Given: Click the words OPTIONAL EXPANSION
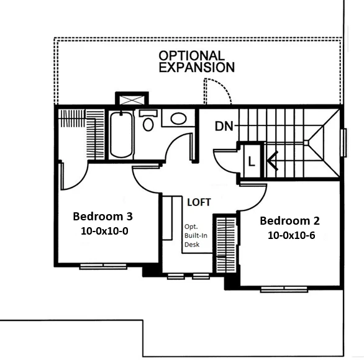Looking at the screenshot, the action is tap(196, 61).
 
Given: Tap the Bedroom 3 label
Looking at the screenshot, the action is tap(102, 217).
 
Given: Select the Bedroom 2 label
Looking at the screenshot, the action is tap(289, 220).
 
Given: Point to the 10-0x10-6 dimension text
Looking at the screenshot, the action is tap(291, 235).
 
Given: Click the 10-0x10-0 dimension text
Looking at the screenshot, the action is tap(104, 231).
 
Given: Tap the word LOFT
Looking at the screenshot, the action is tap(199, 202).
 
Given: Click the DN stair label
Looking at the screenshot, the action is tap(224, 127).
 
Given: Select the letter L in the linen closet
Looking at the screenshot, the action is tap(252, 161).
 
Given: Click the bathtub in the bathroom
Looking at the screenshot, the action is tap(121, 135).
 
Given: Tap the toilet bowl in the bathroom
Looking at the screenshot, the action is tap(148, 125).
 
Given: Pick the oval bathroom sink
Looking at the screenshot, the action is tap(178, 119).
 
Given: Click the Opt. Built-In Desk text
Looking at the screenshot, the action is tap(196, 235).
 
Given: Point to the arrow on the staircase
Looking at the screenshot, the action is tap(273, 161).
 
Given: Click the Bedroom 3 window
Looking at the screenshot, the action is tap(103, 266).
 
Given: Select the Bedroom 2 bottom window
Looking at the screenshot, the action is tap(284, 289).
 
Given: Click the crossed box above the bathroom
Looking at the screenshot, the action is tap(132, 100).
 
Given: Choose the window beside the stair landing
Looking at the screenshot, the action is tap(344, 143).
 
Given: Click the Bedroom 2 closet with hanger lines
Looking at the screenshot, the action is tap(226, 245).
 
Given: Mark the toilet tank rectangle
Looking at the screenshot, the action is tap(148, 113).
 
